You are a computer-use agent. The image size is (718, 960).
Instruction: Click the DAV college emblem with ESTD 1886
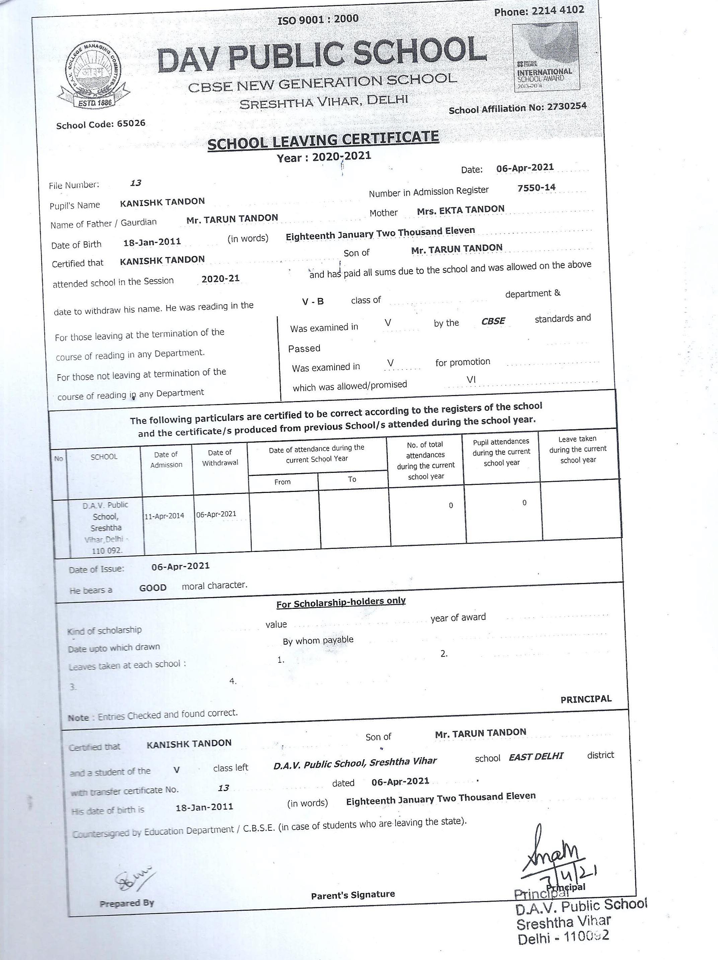point(94,76)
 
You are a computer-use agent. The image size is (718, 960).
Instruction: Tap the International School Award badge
point(545,58)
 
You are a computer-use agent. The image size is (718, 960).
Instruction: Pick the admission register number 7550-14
point(536,188)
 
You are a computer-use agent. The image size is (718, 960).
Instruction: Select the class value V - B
point(313,301)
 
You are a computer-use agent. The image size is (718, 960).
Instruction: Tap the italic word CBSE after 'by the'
point(493,321)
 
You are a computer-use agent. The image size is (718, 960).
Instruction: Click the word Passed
point(304,348)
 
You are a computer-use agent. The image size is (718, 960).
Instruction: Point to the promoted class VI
point(471,380)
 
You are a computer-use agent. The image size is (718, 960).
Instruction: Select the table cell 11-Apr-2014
point(164,516)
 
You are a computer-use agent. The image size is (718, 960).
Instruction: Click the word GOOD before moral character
point(153,588)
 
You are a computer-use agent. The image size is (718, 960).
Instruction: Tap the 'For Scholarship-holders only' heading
point(341,603)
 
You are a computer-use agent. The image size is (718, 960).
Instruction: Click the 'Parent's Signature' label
point(353,894)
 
